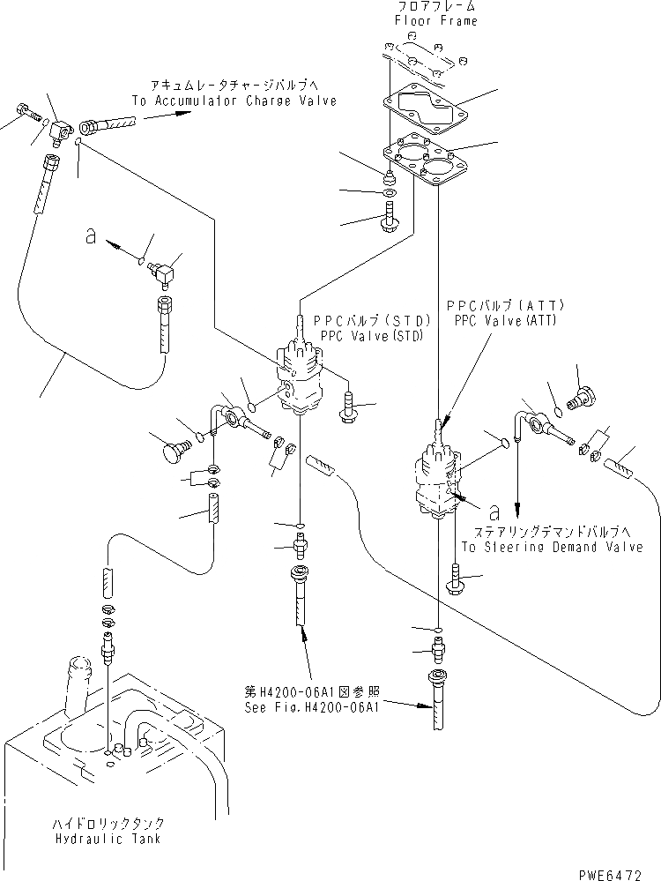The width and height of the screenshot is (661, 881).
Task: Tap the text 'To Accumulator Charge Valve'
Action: point(234,101)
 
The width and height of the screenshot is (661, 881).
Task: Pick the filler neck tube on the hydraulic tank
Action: point(77,679)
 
